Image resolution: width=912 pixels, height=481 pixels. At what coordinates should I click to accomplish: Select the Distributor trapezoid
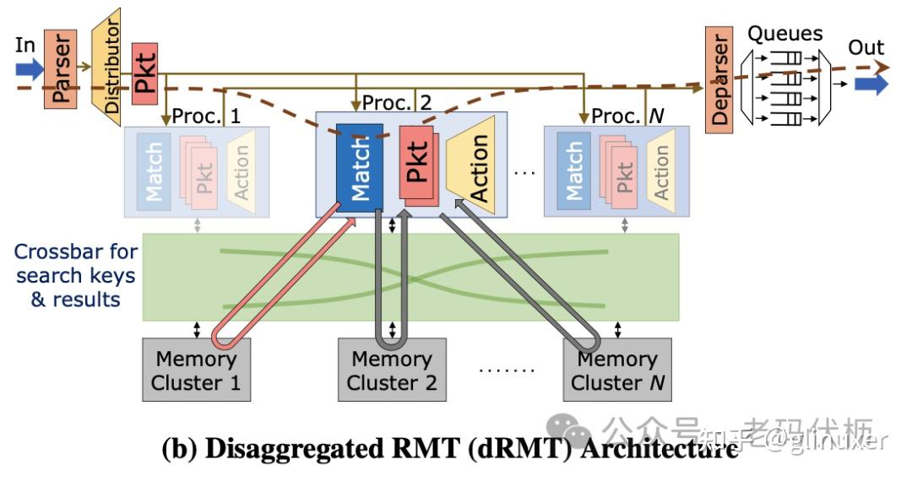[106, 66]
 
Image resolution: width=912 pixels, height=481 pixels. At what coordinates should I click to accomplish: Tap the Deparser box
[719, 78]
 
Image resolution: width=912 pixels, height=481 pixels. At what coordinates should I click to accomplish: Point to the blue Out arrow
[871, 84]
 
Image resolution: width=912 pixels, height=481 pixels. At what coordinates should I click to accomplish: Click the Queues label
[784, 34]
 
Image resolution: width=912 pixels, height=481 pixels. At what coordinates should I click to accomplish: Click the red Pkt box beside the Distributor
[145, 73]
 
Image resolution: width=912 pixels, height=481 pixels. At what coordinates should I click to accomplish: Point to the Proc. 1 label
[206, 116]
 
